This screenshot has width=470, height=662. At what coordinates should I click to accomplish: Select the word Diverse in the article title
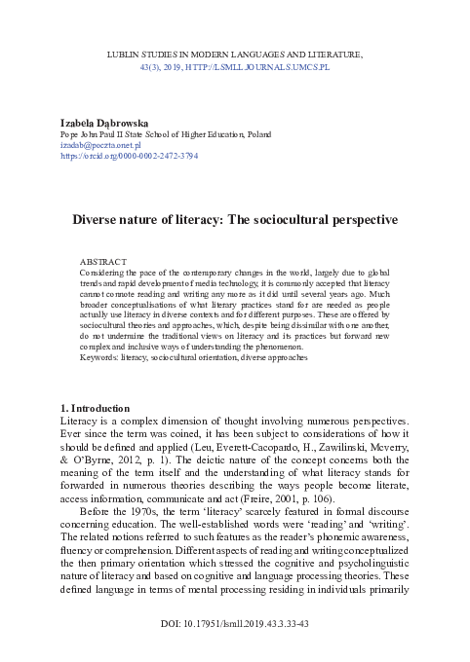99,220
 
